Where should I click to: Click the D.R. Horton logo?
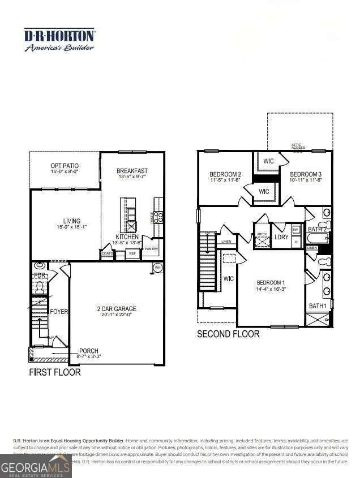[x=59, y=40]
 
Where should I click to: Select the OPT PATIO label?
[x=65, y=165]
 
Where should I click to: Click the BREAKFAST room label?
[x=132, y=171]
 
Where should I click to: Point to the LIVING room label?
[x=72, y=221]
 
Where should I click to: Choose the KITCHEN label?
[x=127, y=236]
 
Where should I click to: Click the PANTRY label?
[x=151, y=249]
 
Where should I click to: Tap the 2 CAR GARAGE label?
[x=116, y=309]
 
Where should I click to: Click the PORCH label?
[x=89, y=351]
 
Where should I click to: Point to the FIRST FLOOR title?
[x=55, y=372]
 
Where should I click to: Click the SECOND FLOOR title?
[x=228, y=334]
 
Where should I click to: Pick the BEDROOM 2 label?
[x=225, y=174]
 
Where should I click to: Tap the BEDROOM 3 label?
[x=306, y=174]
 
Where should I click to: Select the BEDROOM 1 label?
[x=271, y=283]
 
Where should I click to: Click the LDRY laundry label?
[x=281, y=238]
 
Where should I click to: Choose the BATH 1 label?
[x=318, y=306]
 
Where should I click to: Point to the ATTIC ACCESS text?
[x=298, y=147]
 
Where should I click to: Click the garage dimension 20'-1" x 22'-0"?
[x=116, y=316]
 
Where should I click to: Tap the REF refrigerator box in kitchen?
[x=132, y=254]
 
